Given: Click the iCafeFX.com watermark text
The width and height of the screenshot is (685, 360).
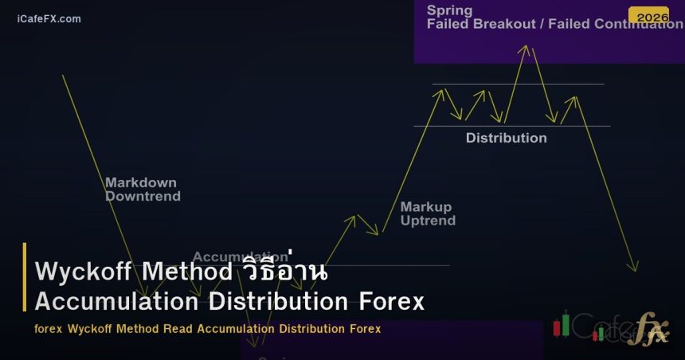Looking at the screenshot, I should click(49, 19).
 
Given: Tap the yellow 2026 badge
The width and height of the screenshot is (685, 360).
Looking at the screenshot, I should click(648, 16).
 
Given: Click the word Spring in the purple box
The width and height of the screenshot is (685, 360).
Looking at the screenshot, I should click(449, 10).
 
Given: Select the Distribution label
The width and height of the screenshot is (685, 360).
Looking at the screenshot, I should click(506, 138).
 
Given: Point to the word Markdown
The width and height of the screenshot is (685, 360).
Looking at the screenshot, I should click(141, 183).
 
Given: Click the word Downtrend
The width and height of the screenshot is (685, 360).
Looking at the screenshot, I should click(143, 196).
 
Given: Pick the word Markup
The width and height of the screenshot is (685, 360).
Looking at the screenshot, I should click(425, 207).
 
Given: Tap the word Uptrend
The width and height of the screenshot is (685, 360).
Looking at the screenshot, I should click(428, 221).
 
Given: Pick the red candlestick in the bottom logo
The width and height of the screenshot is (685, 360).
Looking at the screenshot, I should click(565, 324).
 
